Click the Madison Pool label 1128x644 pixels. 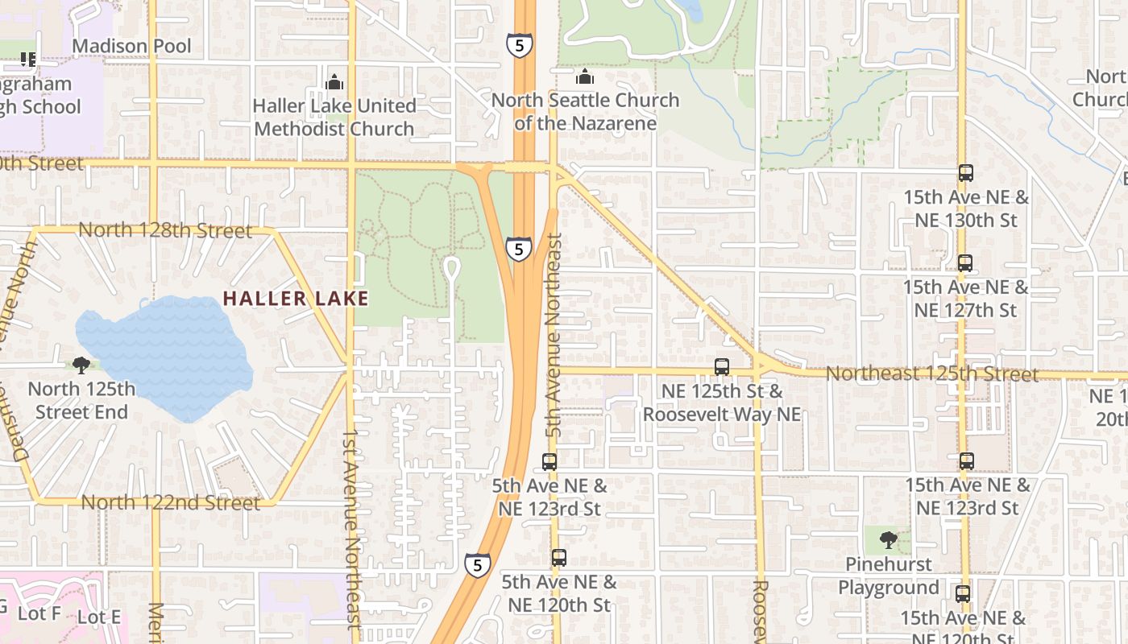click(x=132, y=47)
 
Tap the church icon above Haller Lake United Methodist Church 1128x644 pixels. click(x=334, y=82)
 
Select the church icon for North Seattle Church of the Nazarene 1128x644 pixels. click(x=585, y=77)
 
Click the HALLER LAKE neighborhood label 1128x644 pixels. click(x=296, y=299)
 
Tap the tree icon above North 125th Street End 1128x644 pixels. click(x=81, y=365)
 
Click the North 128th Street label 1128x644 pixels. click(x=165, y=231)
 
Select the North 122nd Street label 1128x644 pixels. click(x=170, y=503)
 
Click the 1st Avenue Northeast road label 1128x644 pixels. click(x=350, y=528)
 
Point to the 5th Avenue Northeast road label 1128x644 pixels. click(x=554, y=336)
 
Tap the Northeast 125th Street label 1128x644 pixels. click(x=931, y=374)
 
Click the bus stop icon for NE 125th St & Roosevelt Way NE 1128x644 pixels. click(x=722, y=367)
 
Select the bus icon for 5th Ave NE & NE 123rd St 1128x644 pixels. click(x=549, y=462)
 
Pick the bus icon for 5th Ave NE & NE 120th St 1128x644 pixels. click(x=558, y=557)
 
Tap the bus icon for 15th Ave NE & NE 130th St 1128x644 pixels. click(x=965, y=173)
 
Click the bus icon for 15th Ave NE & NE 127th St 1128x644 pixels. click(x=965, y=263)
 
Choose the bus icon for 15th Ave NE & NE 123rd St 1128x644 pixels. click(x=967, y=461)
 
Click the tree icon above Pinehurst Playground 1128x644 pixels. click(x=888, y=539)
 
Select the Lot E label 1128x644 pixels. click(x=99, y=617)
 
